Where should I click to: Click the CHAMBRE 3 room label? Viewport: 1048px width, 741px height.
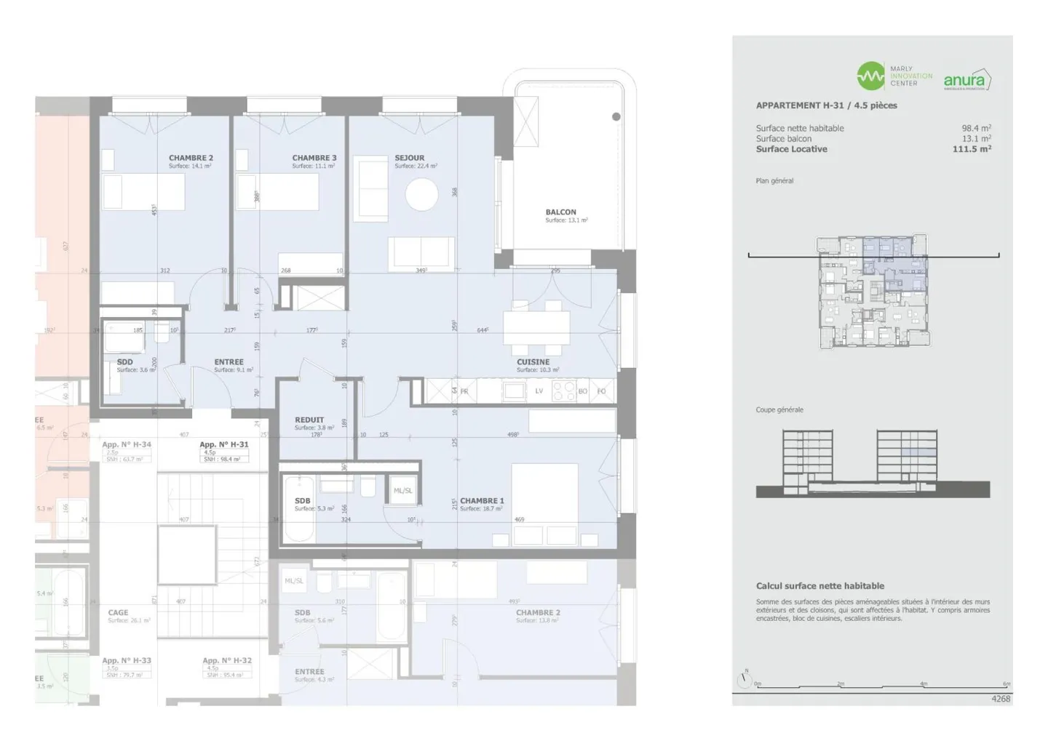(314, 158)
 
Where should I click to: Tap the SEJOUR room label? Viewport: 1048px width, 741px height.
(409, 158)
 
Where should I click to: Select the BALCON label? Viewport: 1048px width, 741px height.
(560, 212)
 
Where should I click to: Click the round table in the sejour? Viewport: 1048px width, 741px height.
(422, 195)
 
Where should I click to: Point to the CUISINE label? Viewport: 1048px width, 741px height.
(533, 362)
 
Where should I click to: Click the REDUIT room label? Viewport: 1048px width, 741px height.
(309, 420)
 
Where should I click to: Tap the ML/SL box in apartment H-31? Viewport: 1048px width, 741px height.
(402, 491)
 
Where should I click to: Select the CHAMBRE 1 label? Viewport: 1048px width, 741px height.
(482, 501)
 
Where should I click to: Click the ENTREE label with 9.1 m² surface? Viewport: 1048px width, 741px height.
(229, 362)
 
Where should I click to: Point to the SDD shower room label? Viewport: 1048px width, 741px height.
(124, 362)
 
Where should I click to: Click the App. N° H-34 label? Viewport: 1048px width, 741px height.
(127, 445)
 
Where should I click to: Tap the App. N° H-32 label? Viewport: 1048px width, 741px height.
(227, 661)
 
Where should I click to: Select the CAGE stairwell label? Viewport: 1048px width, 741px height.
(118, 613)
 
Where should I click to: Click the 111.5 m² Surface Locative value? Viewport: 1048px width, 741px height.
(972, 149)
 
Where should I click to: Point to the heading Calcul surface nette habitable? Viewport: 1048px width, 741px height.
(819, 586)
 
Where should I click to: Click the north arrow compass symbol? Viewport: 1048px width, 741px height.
(744, 680)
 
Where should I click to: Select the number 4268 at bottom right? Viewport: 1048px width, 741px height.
(1001, 699)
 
